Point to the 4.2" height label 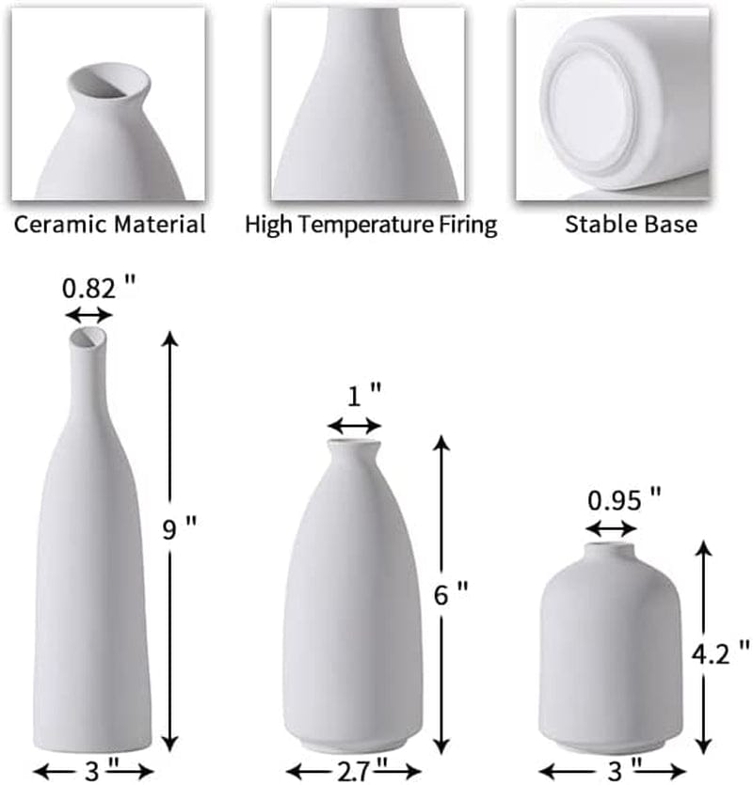pyautogui.click(x=730, y=650)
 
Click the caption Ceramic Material pyautogui.click(x=109, y=225)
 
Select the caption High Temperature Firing pyautogui.click(x=371, y=225)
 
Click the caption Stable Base pyautogui.click(x=630, y=225)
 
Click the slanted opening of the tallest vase pyautogui.click(x=89, y=337)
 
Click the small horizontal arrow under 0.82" pyautogui.click(x=89, y=315)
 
